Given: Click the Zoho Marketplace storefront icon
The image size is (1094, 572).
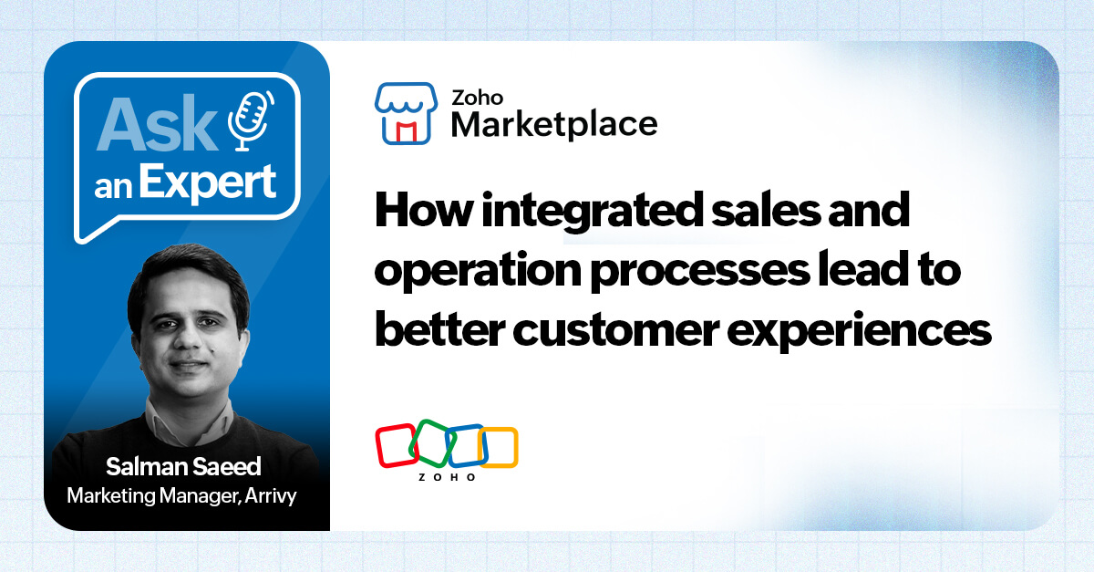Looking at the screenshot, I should [x=405, y=112].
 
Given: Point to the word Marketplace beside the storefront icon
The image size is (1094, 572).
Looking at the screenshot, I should [x=554, y=123].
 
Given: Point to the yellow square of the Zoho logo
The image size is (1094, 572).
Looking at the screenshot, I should [x=499, y=446].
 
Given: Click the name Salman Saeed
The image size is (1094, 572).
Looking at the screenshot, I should [x=183, y=467].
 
